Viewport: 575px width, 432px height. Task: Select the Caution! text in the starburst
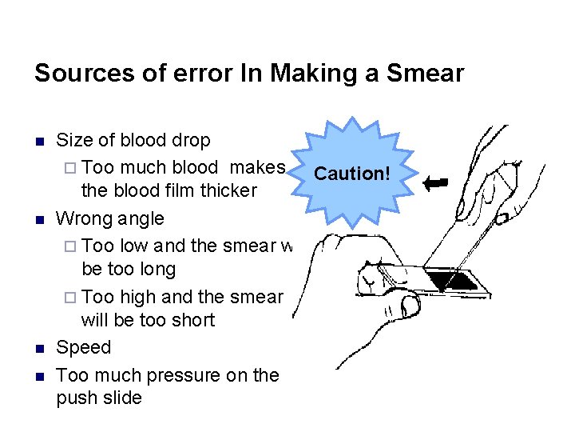pos(350,173)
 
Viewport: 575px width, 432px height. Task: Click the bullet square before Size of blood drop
pos(38,142)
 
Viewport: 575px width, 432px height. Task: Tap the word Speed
pos(84,348)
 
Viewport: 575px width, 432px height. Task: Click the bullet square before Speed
pos(38,349)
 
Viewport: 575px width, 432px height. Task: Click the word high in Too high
pos(137,296)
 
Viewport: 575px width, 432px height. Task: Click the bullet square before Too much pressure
pos(38,375)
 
